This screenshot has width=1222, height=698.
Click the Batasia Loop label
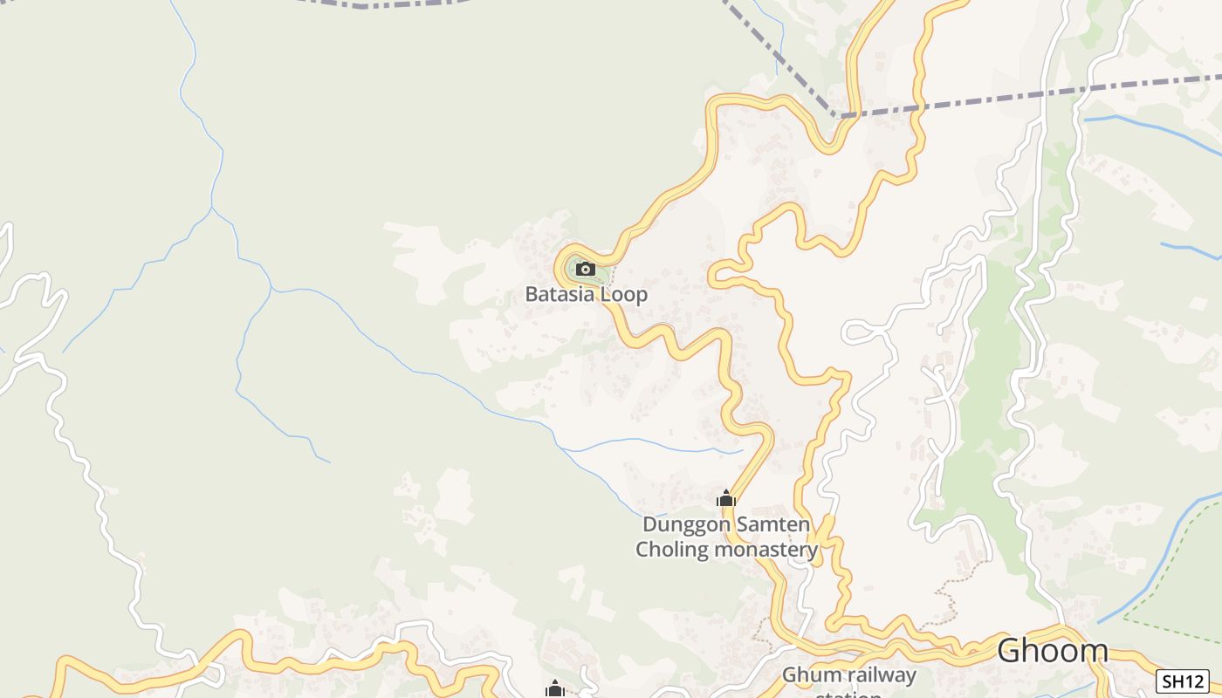tap(586, 294)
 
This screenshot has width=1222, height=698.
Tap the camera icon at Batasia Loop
tap(586, 269)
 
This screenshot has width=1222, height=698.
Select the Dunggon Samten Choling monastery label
tap(726, 537)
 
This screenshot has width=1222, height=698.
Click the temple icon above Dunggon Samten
tap(726, 499)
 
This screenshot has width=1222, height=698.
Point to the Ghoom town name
tap(1052, 651)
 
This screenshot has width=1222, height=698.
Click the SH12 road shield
tap(1182, 681)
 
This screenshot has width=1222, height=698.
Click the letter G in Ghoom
tap(1011, 651)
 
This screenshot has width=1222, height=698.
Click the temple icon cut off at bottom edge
tap(554, 690)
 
